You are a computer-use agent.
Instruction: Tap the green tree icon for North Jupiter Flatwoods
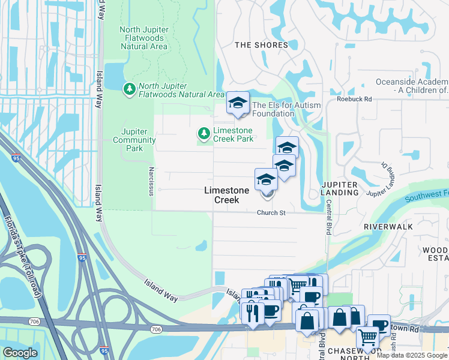click(129, 89)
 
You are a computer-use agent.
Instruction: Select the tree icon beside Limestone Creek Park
click(204, 133)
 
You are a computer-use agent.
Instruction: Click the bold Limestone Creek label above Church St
click(226, 195)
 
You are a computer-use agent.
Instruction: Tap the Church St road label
click(271, 212)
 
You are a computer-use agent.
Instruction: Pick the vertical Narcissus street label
click(152, 182)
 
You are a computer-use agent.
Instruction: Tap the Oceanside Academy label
click(412, 86)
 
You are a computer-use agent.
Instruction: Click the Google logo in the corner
click(20, 353)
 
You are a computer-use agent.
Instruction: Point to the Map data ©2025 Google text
click(412, 355)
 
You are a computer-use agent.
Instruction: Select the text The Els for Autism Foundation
click(286, 109)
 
